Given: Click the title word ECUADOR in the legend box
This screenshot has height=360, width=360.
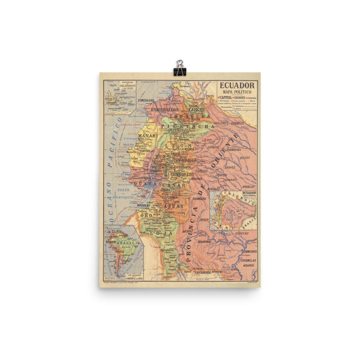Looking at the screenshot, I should click(x=238, y=85).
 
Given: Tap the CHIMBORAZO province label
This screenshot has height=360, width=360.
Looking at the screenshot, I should click(x=183, y=175).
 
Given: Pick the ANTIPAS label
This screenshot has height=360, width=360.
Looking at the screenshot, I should click(x=188, y=231).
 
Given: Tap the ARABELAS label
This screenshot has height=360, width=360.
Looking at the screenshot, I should click(x=248, y=187).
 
